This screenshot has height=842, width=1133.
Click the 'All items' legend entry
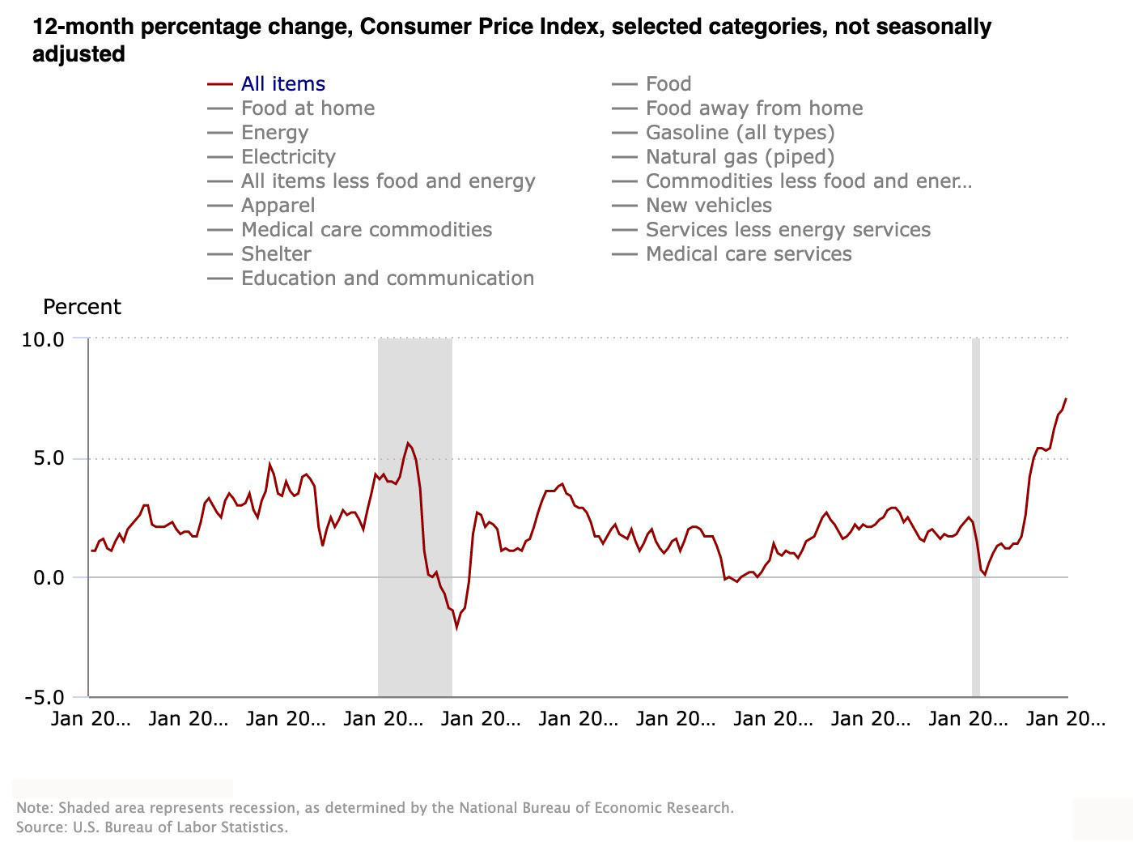pyautogui.click(x=282, y=84)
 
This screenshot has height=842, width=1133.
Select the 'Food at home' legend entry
pyautogui.click(x=308, y=108)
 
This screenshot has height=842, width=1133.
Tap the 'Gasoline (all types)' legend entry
pyautogui.click(x=740, y=133)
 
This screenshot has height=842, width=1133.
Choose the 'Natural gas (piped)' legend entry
pyautogui.click(x=740, y=157)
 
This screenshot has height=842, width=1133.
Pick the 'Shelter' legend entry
pyautogui.click(x=276, y=254)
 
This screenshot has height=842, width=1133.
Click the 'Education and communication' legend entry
pyautogui.click(x=387, y=279)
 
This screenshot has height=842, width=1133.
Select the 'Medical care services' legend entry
pyautogui.click(x=749, y=254)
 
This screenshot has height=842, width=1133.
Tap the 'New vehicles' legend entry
pyautogui.click(x=708, y=206)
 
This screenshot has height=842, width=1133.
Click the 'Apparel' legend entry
pyautogui.click(x=278, y=206)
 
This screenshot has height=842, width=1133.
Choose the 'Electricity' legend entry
pyautogui.click(x=288, y=157)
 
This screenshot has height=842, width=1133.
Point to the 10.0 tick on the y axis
pyautogui.click(x=43, y=339)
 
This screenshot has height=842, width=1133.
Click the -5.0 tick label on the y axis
pyautogui.click(x=43, y=698)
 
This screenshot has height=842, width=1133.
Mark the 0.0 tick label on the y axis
pyautogui.click(x=48, y=578)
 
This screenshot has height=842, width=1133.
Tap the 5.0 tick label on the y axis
pyautogui.click(x=48, y=459)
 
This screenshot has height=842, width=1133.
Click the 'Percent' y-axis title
pyautogui.click(x=82, y=308)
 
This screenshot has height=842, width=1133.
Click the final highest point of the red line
pyautogui.click(x=1066, y=398)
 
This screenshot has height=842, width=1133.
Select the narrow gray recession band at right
pyautogui.click(x=976, y=518)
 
